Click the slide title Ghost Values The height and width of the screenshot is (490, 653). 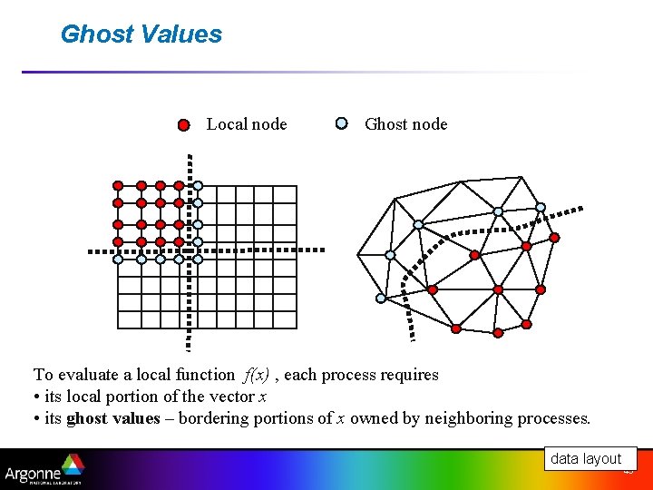(x=141, y=34)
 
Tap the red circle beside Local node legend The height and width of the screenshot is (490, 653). (x=183, y=124)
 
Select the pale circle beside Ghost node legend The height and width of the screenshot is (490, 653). (x=341, y=123)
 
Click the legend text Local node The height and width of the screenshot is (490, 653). (x=247, y=124)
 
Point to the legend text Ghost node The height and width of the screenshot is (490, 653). (x=405, y=124)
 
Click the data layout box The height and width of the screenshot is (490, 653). (x=586, y=458)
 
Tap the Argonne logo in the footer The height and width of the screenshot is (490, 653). (x=44, y=471)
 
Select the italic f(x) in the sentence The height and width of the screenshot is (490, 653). (x=257, y=375)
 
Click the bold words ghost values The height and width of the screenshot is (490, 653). (x=113, y=418)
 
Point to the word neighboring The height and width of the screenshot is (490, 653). (x=473, y=418)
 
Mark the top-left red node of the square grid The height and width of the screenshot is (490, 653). (x=118, y=185)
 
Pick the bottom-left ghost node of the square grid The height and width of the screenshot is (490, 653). (x=118, y=259)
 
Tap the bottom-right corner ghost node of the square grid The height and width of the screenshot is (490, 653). (x=198, y=259)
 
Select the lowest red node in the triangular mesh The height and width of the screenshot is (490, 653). (x=498, y=333)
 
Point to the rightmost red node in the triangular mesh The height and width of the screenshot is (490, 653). (x=555, y=238)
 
